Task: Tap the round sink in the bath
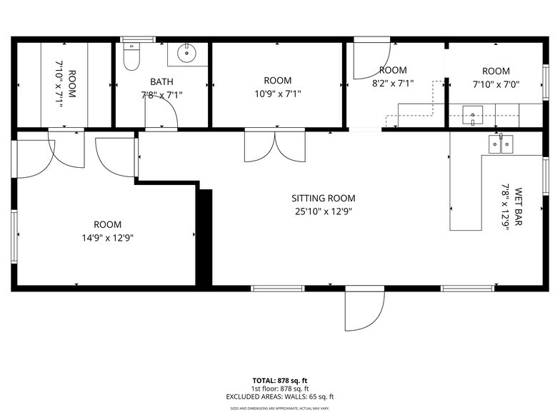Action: click(x=188, y=53)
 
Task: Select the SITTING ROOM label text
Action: click(x=323, y=199)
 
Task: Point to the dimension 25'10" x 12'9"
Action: click(x=323, y=211)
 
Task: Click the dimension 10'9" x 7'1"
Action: click(x=277, y=94)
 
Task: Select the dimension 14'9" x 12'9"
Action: click(x=107, y=237)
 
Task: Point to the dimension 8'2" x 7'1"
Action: click(x=393, y=83)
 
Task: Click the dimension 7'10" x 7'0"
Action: click(x=496, y=84)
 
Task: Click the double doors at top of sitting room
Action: click(x=275, y=146)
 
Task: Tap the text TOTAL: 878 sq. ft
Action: click(x=280, y=380)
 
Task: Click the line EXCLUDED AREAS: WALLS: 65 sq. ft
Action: click(x=280, y=396)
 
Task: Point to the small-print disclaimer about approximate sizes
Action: click(x=280, y=409)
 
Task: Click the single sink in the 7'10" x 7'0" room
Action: click(x=472, y=113)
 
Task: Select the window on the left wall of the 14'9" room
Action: click(x=14, y=236)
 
